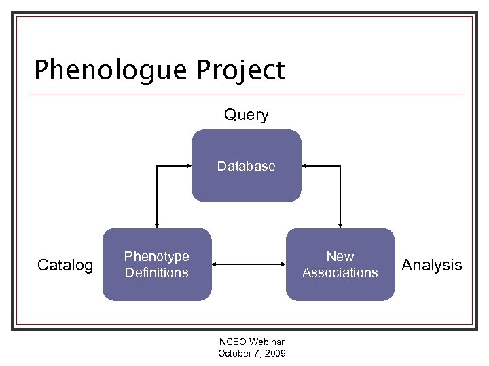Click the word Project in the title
pos(240,70)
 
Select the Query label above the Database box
pos(246,115)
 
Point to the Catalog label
pos(65,265)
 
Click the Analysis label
pos(431,265)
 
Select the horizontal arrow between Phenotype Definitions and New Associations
pos(248,265)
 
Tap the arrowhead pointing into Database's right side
pos(305,165)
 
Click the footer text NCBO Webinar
pos(251,342)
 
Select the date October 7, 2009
pos(251,353)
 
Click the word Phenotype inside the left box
pos(156,257)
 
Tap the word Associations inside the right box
pos(340,272)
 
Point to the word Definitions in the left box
pos(156,272)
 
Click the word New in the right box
pos(340,257)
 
